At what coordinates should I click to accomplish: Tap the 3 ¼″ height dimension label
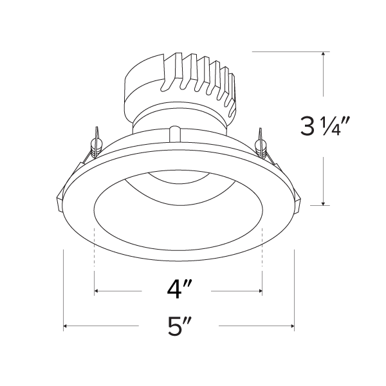[x=324, y=127]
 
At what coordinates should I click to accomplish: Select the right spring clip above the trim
[x=261, y=143]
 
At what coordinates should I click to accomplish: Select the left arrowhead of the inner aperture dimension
[x=97, y=292]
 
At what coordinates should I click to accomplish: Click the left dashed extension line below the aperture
[x=95, y=257]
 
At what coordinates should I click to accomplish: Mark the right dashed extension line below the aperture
[x=262, y=257]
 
